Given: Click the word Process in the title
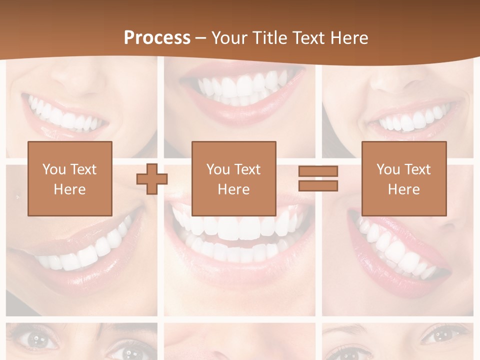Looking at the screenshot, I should click(x=157, y=38).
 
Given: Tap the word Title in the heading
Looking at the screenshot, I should click(x=270, y=38).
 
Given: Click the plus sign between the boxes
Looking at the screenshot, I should click(x=152, y=179).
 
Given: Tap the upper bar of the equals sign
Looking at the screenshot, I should click(x=318, y=171).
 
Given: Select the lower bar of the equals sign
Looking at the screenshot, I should click(x=318, y=186).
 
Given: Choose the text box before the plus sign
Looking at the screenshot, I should click(x=69, y=178).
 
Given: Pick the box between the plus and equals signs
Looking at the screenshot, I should click(x=233, y=178).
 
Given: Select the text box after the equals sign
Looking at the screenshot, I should click(x=403, y=178).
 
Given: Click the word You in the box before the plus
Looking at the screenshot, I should click(x=54, y=169).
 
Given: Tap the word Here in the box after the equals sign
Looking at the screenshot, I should click(x=403, y=189).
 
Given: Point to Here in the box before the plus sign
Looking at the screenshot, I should click(x=69, y=189).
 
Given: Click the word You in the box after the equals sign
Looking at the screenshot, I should click(x=388, y=169).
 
